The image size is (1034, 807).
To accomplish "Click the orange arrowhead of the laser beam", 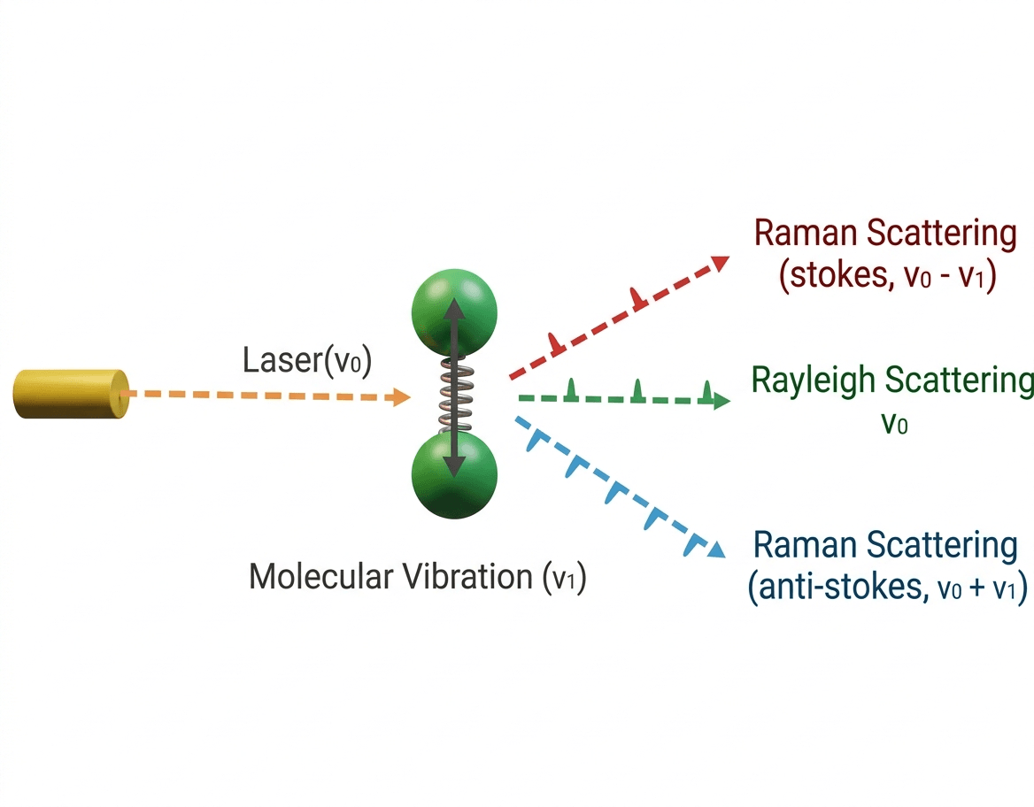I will pyautogui.click(x=400, y=398).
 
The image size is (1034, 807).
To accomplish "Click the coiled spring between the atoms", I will pyautogui.click(x=454, y=396).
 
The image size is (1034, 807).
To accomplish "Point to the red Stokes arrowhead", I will pyautogui.click(x=720, y=263).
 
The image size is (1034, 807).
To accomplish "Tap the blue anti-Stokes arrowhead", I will pyautogui.click(x=716, y=550).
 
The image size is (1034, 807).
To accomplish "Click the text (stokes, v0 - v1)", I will pyautogui.click(x=888, y=277).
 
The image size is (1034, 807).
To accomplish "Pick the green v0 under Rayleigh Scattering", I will pyautogui.click(x=894, y=425).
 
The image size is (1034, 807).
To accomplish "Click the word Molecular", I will pyautogui.click(x=320, y=577).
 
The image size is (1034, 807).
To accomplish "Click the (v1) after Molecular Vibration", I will pyautogui.click(x=563, y=579).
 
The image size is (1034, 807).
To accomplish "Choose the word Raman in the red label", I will pyautogui.click(x=805, y=234).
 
